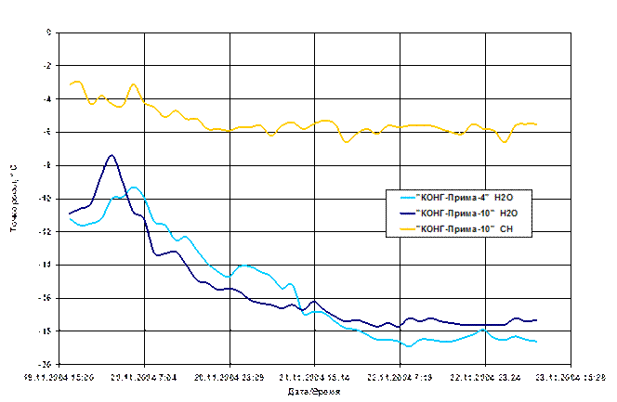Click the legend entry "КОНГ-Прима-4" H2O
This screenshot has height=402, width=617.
457,198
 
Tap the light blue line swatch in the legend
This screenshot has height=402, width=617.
406,198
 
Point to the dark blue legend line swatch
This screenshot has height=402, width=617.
406,213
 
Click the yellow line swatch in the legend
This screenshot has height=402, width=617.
406,227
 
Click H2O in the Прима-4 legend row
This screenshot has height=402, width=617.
505,198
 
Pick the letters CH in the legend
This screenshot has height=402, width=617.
505,227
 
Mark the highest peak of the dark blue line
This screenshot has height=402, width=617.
112,155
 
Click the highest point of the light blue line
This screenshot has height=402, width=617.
135,188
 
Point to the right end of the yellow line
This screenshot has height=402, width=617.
536,123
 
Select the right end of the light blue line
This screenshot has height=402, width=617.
536,342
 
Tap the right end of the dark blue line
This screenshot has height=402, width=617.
536,319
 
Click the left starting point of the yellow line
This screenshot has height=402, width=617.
70,84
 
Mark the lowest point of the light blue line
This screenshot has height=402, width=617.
409,346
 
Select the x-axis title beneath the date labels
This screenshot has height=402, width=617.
307,393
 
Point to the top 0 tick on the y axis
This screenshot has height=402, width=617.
48,32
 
